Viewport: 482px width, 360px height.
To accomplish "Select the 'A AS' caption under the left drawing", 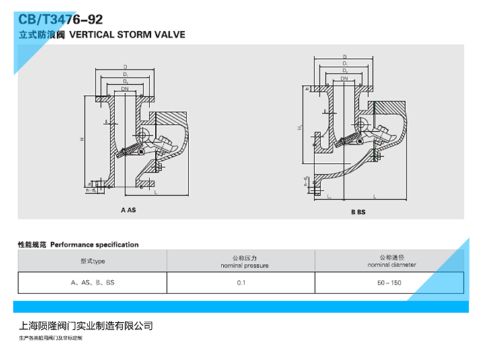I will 127,210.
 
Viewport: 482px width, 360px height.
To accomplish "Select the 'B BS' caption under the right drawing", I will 357,212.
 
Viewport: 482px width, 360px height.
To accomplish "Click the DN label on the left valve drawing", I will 125,88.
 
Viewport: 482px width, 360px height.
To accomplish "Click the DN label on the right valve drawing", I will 344,79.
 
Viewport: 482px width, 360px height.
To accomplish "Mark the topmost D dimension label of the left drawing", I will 125,67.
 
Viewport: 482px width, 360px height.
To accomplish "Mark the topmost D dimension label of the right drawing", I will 344,57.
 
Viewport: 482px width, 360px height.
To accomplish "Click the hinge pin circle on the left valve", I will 143,132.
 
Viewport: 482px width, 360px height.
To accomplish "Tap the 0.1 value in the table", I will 240,283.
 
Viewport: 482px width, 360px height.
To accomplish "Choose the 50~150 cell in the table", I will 389,283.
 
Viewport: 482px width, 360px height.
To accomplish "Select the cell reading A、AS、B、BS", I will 93,283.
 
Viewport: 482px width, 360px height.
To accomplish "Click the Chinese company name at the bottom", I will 86,326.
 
